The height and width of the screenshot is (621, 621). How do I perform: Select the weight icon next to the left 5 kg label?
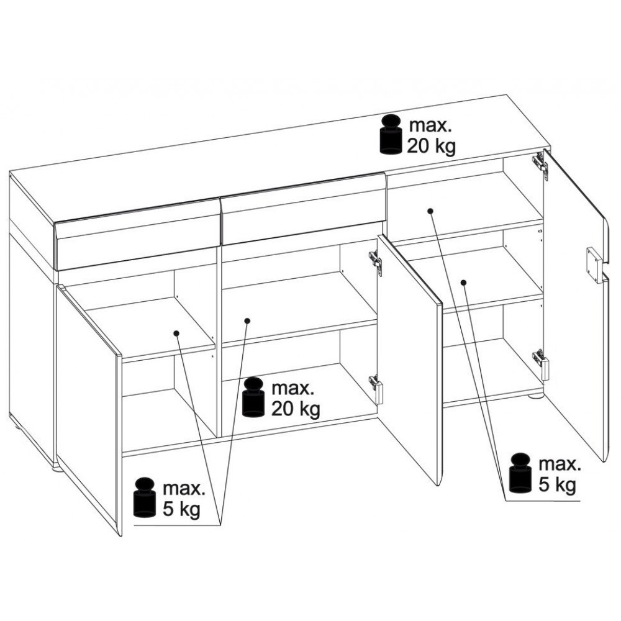pos(145,498)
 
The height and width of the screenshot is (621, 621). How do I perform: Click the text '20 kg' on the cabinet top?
pos(432,147)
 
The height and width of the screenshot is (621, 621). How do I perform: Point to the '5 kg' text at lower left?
pos(182,510)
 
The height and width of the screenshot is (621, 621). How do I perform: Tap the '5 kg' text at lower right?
pos(557,485)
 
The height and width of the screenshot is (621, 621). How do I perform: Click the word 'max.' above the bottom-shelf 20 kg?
pos(292,389)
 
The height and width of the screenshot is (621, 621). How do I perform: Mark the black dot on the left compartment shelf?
pos(176,333)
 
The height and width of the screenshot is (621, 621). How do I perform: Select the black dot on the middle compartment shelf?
pos(247,320)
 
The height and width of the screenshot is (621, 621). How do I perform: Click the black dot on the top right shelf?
pos(430,211)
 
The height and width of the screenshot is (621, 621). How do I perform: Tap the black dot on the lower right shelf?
pos(463,283)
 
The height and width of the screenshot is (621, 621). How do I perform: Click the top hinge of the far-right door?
pos(541,163)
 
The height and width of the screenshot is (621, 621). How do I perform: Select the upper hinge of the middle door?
pos(376,261)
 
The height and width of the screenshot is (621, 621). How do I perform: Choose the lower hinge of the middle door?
pos(376,388)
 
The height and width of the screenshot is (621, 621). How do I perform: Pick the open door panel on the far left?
pos(89,408)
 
